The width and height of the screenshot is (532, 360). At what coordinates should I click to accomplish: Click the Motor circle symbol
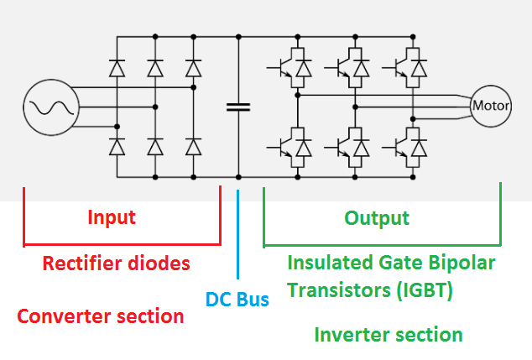tap(492, 107)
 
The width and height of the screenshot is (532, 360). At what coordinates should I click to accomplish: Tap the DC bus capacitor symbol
tap(238, 107)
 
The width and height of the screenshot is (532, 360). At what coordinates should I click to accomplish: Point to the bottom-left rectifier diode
tap(117, 148)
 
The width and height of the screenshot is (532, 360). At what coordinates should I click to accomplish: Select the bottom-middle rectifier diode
tap(155, 148)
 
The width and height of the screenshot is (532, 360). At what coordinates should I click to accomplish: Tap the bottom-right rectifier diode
tap(194, 148)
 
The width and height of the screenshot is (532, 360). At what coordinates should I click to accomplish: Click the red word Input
tap(112, 218)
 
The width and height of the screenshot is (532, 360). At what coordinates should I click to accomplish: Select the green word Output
tap(377, 218)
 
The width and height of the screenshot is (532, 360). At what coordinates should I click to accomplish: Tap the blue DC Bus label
tap(237, 299)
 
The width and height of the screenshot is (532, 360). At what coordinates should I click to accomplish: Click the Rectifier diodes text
tap(117, 263)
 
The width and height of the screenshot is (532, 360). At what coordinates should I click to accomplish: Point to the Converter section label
tap(101, 316)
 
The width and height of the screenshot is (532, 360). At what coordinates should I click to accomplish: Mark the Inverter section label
tap(389, 335)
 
